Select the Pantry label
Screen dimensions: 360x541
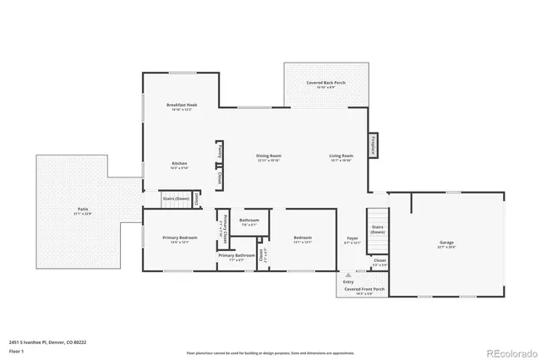(x=220, y=150)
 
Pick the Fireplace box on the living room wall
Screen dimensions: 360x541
(x=373, y=146)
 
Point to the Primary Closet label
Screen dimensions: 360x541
(x=224, y=230)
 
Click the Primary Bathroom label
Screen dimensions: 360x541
(x=236, y=257)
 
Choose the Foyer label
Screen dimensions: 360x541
(x=352, y=240)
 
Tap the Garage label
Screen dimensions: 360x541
(x=446, y=244)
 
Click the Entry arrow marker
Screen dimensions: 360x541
(x=347, y=275)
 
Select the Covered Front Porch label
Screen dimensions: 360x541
(x=362, y=290)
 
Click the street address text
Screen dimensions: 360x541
(x=47, y=342)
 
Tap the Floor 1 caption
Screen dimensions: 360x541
(x=17, y=350)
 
